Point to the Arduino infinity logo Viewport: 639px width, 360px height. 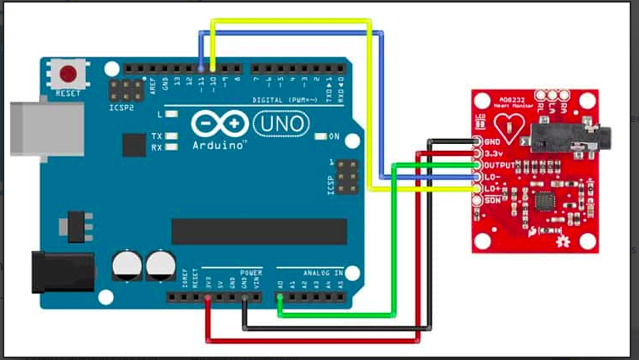click(212, 124)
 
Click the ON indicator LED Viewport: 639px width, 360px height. click(320, 136)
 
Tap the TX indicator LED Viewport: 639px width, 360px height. click(172, 136)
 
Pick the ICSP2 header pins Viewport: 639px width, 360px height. click(126, 89)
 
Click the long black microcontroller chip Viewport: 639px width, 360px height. click(259, 230)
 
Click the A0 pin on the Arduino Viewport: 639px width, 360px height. click(280, 296)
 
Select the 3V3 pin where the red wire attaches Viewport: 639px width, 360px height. click(208, 296)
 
